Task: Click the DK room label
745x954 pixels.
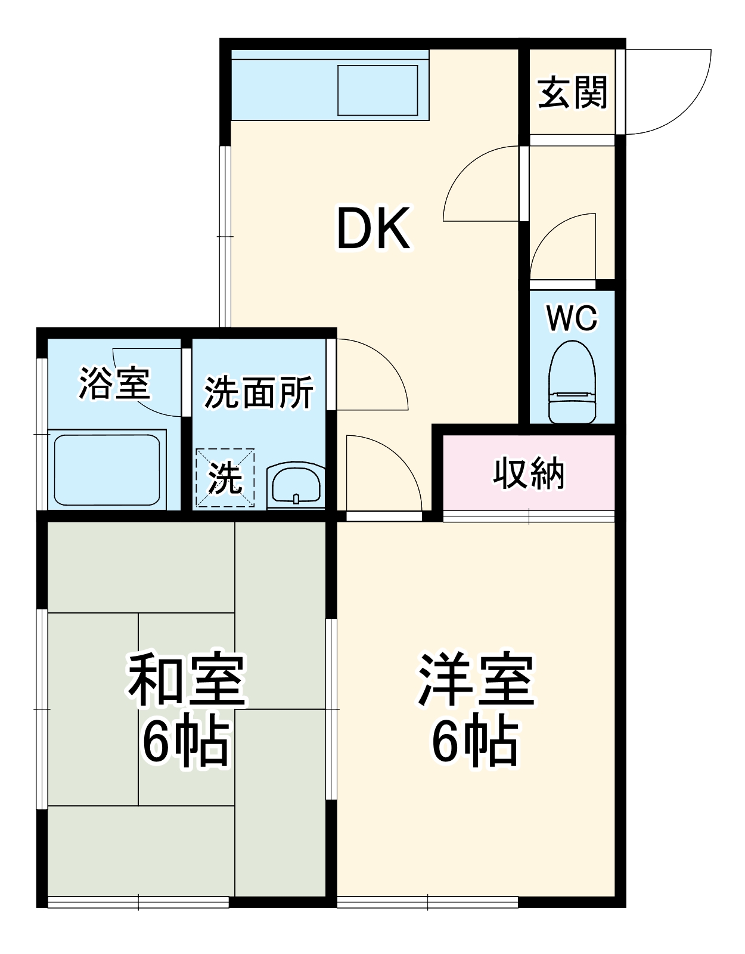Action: [373, 229]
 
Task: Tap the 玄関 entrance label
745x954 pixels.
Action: [572, 93]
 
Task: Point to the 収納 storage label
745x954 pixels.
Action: [529, 474]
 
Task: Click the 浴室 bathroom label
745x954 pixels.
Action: [114, 383]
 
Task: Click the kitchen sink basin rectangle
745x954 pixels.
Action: [377, 90]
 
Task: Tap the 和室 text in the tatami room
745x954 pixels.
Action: [186, 680]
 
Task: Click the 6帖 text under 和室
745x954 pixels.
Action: [186, 742]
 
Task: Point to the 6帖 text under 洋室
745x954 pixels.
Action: [476, 742]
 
